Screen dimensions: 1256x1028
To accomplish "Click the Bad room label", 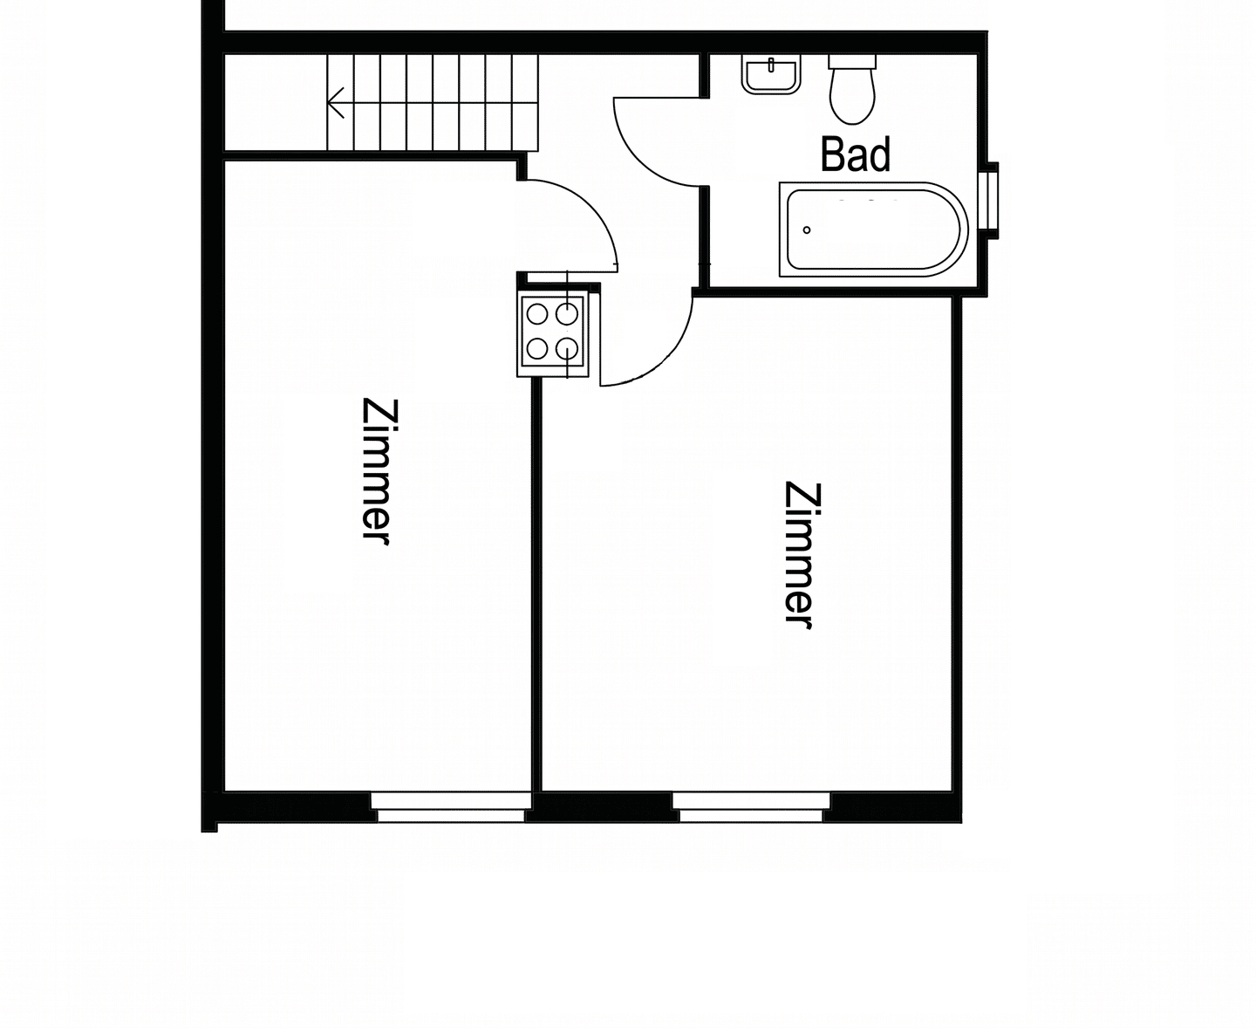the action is pyautogui.click(x=855, y=154).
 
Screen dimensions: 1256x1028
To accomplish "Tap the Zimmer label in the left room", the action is pyautogui.click(x=379, y=471).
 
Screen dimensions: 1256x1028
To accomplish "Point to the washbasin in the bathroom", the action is pyautogui.click(x=771, y=74).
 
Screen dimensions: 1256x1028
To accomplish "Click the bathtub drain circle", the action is pyautogui.click(x=807, y=230).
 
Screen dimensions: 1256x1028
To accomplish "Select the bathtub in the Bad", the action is pyautogui.click(x=874, y=230).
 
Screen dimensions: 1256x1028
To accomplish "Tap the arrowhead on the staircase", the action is pyautogui.click(x=335, y=102).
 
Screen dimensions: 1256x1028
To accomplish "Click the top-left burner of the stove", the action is pyautogui.click(x=537, y=314).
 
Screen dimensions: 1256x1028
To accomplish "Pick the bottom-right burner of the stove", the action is pyautogui.click(x=567, y=348).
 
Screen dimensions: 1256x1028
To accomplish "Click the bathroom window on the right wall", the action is pyautogui.click(x=990, y=200).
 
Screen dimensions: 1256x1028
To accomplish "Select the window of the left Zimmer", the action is pyautogui.click(x=450, y=807).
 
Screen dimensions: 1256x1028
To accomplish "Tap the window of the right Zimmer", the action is pyautogui.click(x=751, y=807).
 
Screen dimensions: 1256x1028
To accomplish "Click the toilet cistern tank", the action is pyautogui.click(x=852, y=61).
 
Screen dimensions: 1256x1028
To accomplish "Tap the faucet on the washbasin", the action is pyautogui.click(x=771, y=65).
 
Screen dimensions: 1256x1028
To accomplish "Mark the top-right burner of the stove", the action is pyautogui.click(x=567, y=314).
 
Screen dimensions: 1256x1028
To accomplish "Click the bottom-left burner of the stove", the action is pyautogui.click(x=537, y=348).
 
